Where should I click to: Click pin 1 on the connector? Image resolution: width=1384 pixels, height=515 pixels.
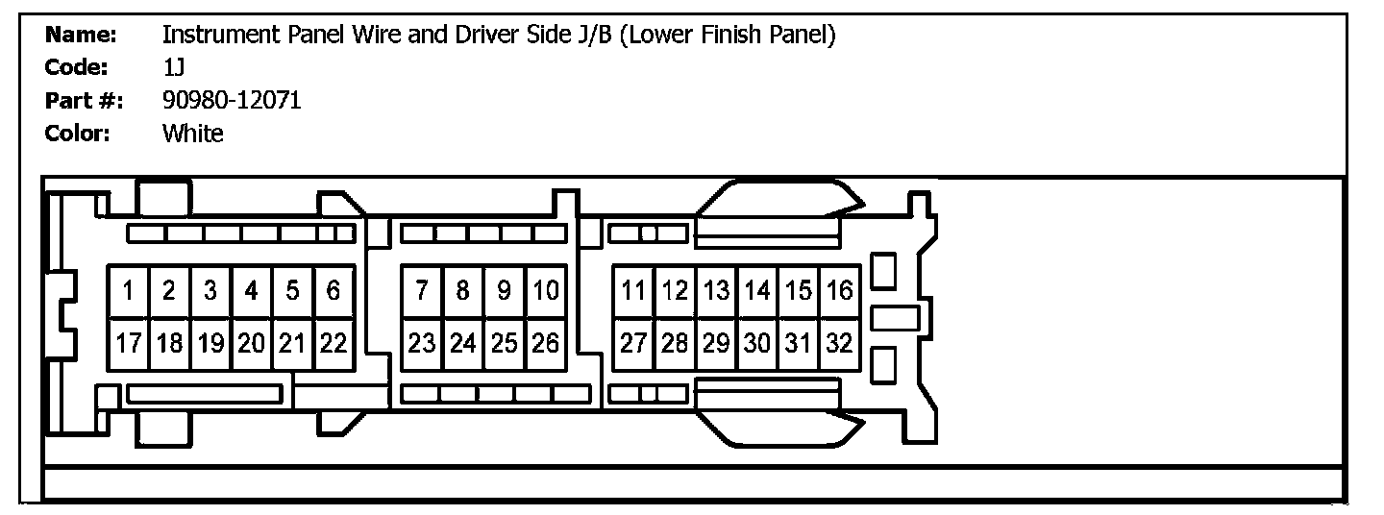point(128,290)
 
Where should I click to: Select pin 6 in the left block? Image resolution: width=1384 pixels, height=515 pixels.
point(334,290)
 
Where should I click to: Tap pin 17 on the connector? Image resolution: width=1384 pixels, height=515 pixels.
point(128,343)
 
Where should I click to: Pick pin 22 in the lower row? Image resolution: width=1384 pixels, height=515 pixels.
point(334,343)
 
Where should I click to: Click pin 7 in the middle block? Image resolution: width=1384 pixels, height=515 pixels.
point(422,290)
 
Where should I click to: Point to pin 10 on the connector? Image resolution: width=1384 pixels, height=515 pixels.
point(545,290)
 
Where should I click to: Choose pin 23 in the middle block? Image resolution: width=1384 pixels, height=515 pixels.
point(422,343)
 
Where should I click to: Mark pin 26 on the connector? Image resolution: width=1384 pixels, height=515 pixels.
point(545,343)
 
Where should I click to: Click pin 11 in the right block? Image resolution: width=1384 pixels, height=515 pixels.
point(633,290)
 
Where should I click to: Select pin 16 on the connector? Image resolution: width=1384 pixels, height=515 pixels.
point(839,290)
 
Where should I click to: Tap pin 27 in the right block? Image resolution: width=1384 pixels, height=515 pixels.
point(633,343)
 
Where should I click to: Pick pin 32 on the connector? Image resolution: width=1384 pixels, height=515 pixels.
point(839,343)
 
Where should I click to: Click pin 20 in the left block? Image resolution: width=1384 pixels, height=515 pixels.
point(251,343)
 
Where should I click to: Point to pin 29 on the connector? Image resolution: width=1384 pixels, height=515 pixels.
point(716,343)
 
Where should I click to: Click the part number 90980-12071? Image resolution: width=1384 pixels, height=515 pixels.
point(232,100)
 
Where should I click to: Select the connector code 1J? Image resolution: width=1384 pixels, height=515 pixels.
point(173,67)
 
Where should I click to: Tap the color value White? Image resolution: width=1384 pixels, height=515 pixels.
point(192,134)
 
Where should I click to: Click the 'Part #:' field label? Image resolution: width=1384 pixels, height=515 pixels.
point(84,100)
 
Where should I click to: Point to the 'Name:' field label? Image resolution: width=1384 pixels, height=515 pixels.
point(81,36)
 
